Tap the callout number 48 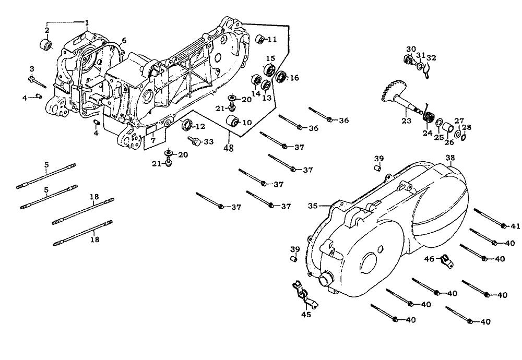pyautogui.click(x=229, y=148)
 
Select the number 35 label pyautogui.click(x=313, y=206)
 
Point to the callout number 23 pyautogui.click(x=406, y=121)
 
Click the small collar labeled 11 pyautogui.click(x=260, y=39)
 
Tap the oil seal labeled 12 pyautogui.click(x=188, y=125)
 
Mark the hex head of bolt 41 pyautogui.click(x=504, y=226)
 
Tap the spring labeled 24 pyautogui.click(x=429, y=116)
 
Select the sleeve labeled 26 pyautogui.click(x=447, y=128)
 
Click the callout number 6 pyautogui.click(x=124, y=41)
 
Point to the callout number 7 pyautogui.click(x=153, y=141)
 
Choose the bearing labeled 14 pyautogui.click(x=257, y=79)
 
